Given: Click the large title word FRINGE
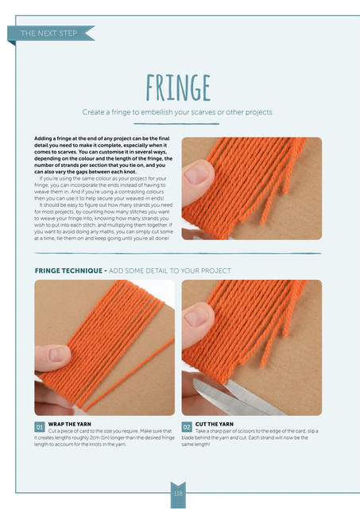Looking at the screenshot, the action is (x=178, y=87).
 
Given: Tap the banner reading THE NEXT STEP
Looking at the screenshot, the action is (x=48, y=33).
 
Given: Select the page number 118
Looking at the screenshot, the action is (x=178, y=493).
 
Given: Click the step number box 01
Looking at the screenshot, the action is (x=40, y=427).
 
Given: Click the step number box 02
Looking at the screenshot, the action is (x=187, y=427).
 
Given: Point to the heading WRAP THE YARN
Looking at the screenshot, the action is (x=70, y=424).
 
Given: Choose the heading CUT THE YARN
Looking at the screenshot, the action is (x=215, y=424).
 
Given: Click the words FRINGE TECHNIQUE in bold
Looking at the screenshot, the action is (x=69, y=270).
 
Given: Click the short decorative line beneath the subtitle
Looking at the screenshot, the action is (x=176, y=124).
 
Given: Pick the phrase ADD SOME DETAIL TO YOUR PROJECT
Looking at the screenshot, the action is (x=170, y=270).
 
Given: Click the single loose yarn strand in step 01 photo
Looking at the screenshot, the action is (x=129, y=373).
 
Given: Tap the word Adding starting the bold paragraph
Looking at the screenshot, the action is (x=42, y=138).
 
